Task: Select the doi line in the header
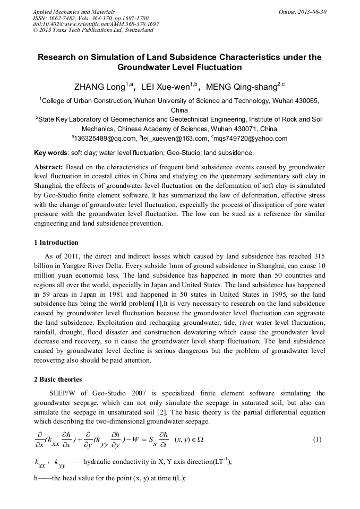tap(96, 24)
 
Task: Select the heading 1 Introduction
tap(56, 243)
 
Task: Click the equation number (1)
tap(318, 440)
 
